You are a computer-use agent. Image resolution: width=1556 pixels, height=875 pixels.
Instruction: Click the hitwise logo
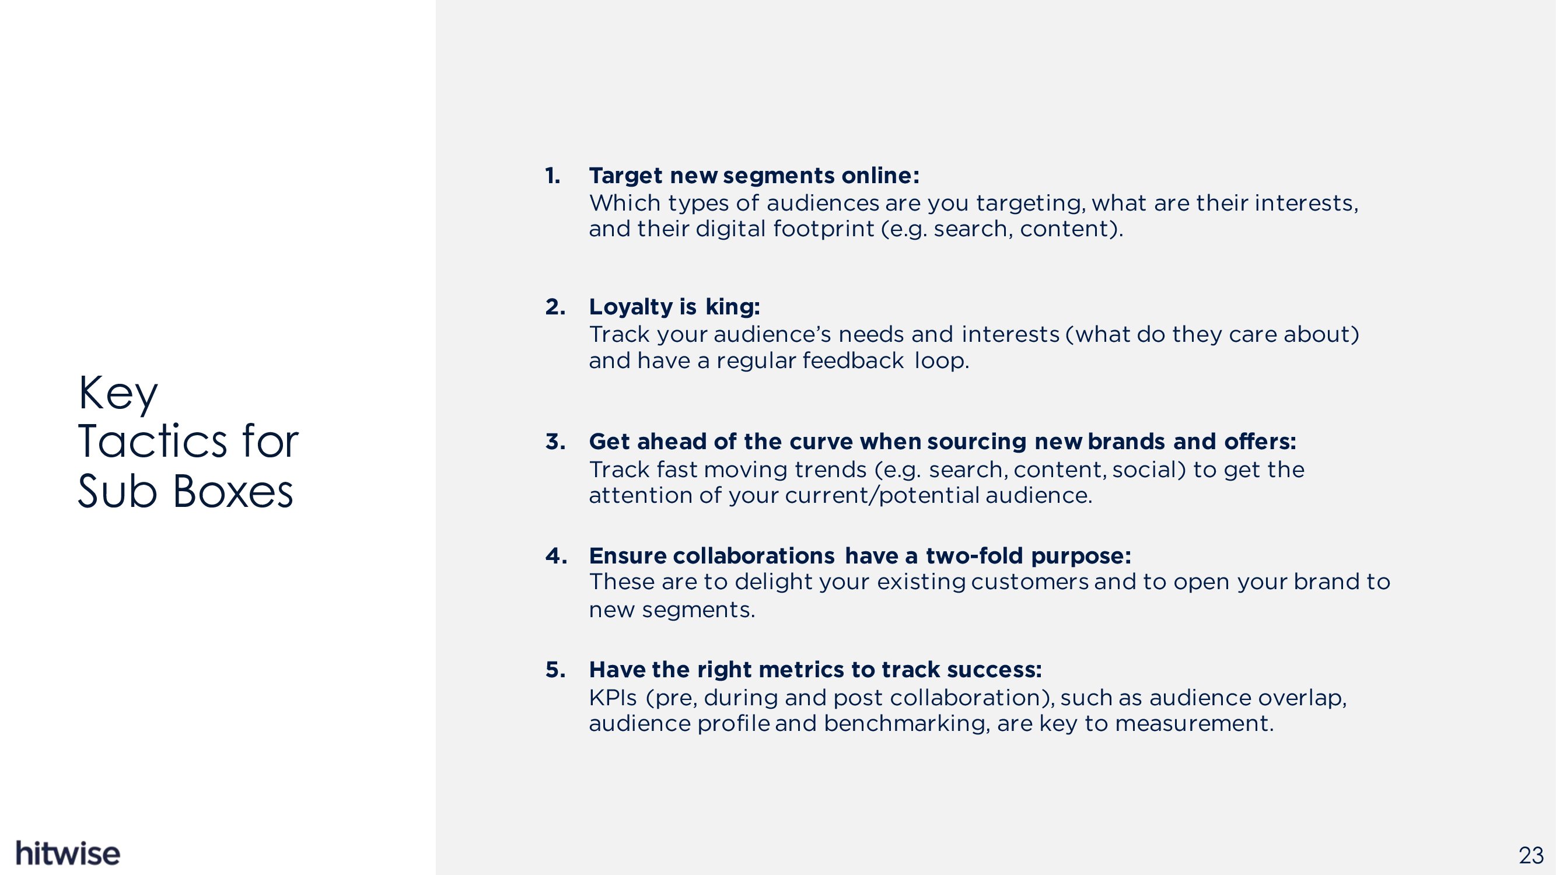[x=68, y=853]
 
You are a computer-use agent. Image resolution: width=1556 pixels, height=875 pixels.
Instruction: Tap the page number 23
[x=1531, y=856]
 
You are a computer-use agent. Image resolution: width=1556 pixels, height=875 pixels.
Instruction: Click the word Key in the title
[x=118, y=394]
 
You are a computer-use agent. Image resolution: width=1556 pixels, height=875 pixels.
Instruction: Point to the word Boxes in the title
[x=233, y=491]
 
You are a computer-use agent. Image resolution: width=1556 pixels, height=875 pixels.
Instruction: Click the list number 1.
[x=553, y=176]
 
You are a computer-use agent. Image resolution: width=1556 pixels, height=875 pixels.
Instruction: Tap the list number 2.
[x=555, y=307]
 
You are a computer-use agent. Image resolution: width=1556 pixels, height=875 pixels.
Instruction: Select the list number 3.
[x=555, y=442]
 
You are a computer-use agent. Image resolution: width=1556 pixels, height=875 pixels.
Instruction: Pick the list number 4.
[x=555, y=555]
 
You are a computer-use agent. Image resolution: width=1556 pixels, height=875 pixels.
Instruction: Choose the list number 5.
[x=555, y=669]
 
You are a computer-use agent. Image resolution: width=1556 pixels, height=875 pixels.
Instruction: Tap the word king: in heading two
[x=733, y=307]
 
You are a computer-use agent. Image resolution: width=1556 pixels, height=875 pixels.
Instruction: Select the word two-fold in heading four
[x=974, y=555]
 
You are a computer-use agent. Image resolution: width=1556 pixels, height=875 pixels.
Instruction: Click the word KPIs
[x=613, y=698]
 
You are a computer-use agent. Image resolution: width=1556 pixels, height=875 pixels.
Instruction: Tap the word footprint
[x=823, y=229]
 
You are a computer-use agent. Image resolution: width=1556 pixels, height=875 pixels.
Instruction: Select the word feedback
[x=853, y=360]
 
